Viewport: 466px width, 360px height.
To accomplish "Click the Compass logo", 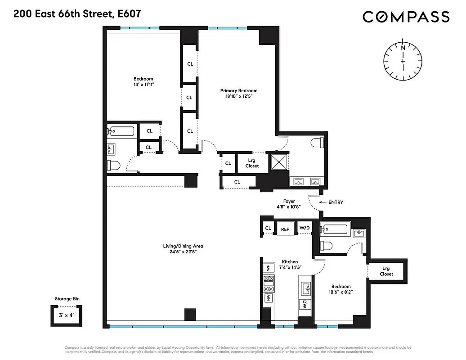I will (x=406, y=17).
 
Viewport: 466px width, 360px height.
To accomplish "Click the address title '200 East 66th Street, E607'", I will (x=77, y=13).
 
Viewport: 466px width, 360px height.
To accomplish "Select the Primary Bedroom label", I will (x=238, y=90).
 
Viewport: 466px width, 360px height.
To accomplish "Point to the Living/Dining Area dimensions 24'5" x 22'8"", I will (x=183, y=252).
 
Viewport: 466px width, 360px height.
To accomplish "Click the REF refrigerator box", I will (x=285, y=229).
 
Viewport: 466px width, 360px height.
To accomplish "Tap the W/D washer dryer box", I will (x=305, y=228).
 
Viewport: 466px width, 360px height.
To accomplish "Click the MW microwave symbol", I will (x=268, y=298).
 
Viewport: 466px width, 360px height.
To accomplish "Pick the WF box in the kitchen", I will (x=268, y=268).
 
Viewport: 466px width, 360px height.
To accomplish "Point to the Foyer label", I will (x=289, y=201).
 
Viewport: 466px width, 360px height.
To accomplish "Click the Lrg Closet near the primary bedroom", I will (x=252, y=163).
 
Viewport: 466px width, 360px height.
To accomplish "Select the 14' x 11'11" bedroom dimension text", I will (x=143, y=85).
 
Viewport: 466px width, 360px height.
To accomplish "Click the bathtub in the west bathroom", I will (x=121, y=132).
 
